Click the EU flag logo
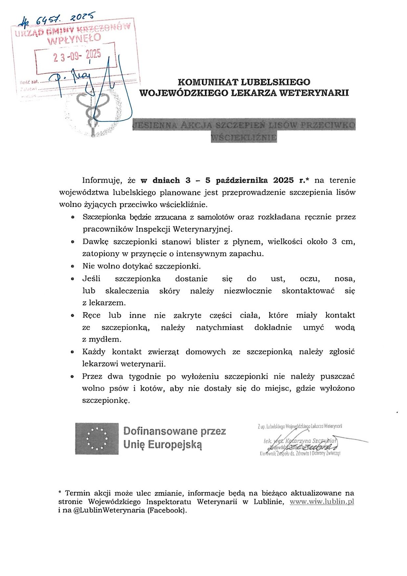coord(97,438)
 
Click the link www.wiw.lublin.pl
coord(321,502)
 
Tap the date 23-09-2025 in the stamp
coord(77,56)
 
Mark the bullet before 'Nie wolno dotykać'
coord(73,266)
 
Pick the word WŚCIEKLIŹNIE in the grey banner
coord(244,137)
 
